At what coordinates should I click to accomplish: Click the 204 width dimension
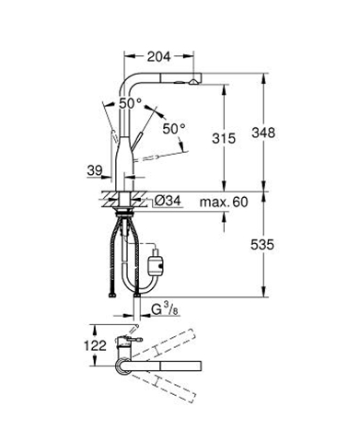158,56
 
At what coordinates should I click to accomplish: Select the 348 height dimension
263,133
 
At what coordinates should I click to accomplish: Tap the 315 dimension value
224,138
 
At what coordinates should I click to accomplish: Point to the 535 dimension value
262,245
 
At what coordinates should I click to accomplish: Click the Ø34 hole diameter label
168,201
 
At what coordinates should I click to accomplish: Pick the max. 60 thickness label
224,202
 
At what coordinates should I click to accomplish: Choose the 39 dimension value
95,170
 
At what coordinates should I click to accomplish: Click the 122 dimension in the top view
96,345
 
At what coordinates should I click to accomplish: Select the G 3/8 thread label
165,309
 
